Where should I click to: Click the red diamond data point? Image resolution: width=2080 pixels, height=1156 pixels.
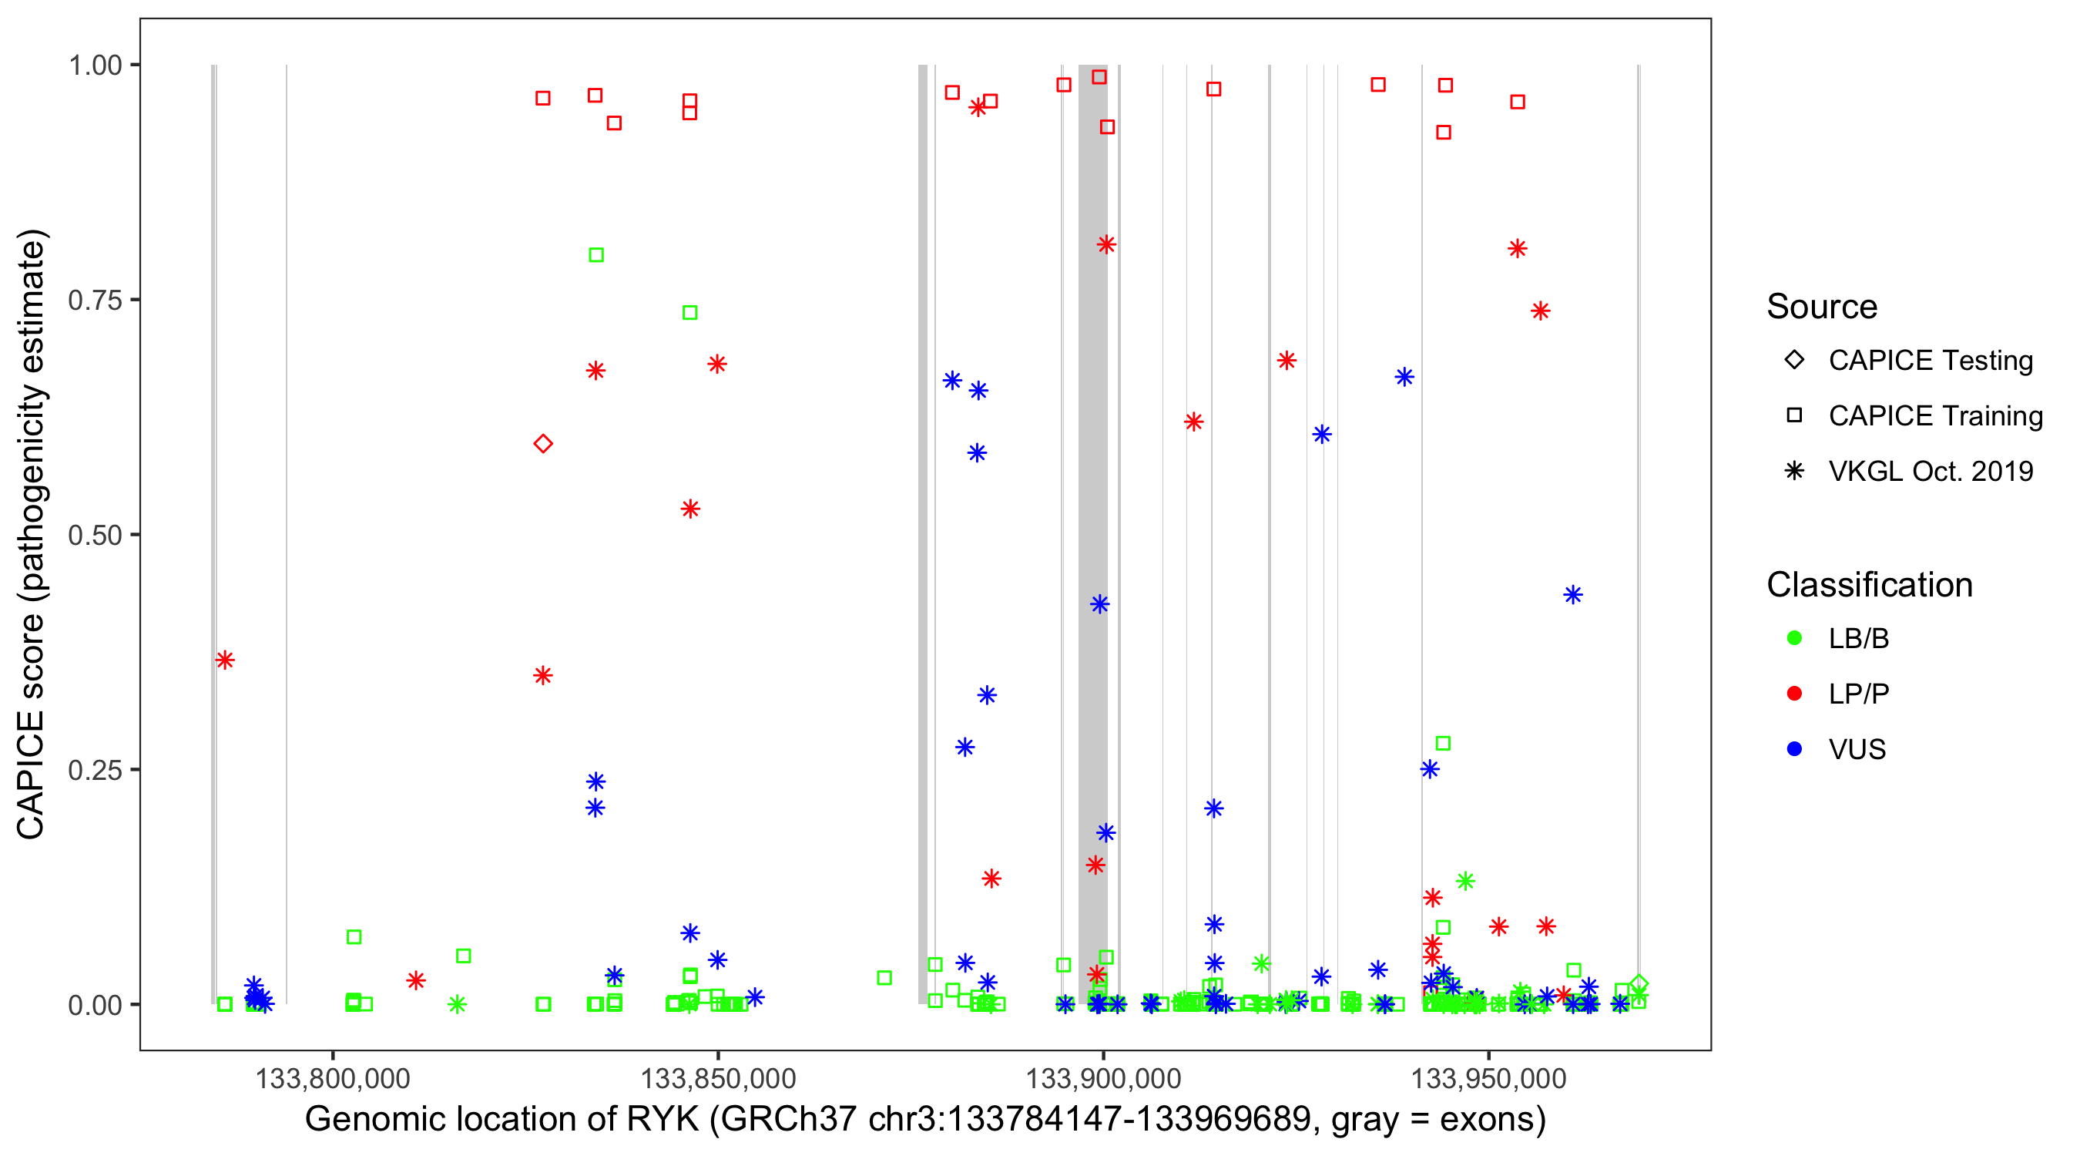(x=542, y=443)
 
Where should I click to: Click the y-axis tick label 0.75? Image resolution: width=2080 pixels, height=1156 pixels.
(x=94, y=301)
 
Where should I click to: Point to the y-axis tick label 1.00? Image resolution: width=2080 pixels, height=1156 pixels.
(x=94, y=66)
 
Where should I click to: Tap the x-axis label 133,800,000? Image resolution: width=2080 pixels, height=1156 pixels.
(x=333, y=1078)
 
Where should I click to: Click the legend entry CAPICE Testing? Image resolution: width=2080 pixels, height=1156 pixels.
(x=1930, y=361)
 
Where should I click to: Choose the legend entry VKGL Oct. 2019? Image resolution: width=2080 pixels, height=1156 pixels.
(x=1930, y=471)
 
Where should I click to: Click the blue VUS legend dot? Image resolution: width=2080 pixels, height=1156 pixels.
(x=1794, y=749)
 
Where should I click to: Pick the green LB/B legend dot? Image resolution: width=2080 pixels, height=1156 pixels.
(x=1794, y=638)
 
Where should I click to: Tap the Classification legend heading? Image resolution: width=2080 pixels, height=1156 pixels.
(x=1869, y=585)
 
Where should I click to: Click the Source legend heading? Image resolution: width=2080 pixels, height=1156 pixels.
(x=1822, y=307)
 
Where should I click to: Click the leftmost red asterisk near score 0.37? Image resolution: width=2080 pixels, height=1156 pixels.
(x=224, y=660)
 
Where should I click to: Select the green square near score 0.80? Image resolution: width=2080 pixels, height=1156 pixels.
(x=596, y=255)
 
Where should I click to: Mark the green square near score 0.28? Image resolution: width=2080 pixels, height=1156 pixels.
(x=1443, y=743)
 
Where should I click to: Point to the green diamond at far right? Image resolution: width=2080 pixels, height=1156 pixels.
(x=1639, y=984)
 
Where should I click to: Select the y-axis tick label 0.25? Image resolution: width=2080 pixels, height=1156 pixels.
(x=94, y=770)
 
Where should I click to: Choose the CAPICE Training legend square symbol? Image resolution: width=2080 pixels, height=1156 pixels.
(x=1794, y=415)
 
